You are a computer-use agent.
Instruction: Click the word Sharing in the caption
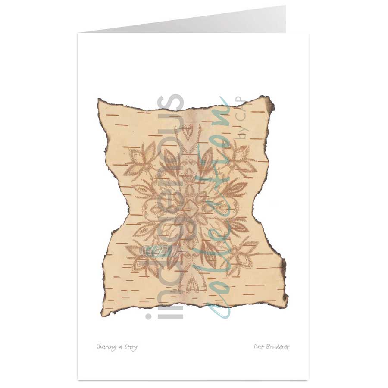[105, 347]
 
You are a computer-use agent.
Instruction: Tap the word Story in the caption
[130, 347]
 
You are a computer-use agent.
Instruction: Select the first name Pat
[260, 347]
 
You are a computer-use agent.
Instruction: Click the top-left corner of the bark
[100, 102]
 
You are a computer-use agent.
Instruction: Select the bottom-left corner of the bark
[103, 311]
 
